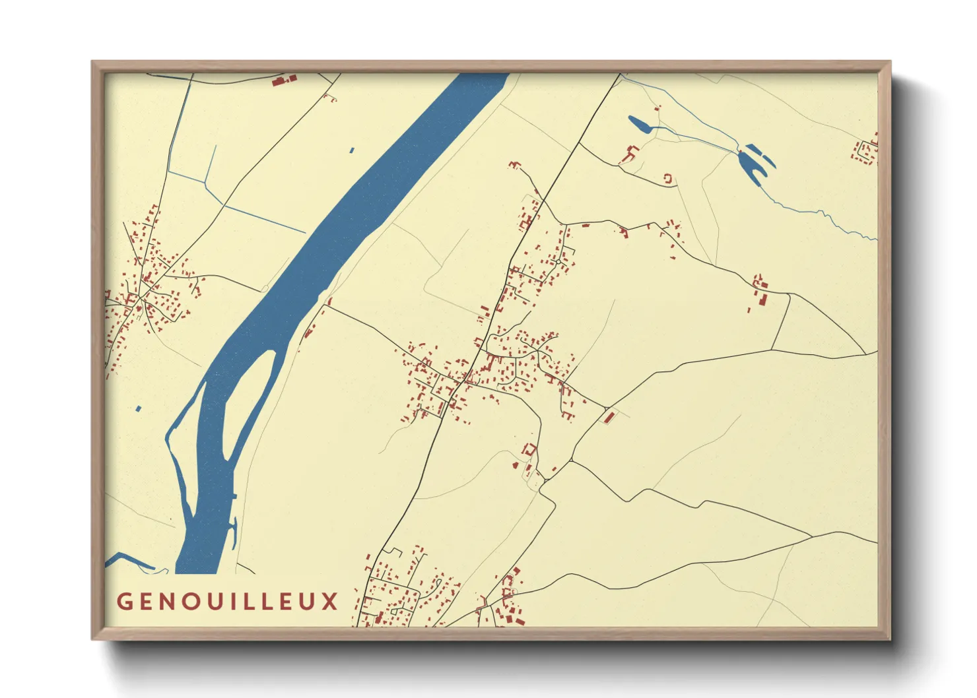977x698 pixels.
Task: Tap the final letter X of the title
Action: (x=330, y=602)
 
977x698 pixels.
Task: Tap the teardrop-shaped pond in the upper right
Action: (x=642, y=125)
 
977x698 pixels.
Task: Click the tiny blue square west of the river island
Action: (x=139, y=409)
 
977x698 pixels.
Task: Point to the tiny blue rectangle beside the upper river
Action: (x=352, y=150)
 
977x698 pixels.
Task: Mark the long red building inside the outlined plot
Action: (x=609, y=416)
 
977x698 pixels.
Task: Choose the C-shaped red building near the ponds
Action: (x=667, y=178)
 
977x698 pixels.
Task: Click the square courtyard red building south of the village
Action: (x=527, y=450)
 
